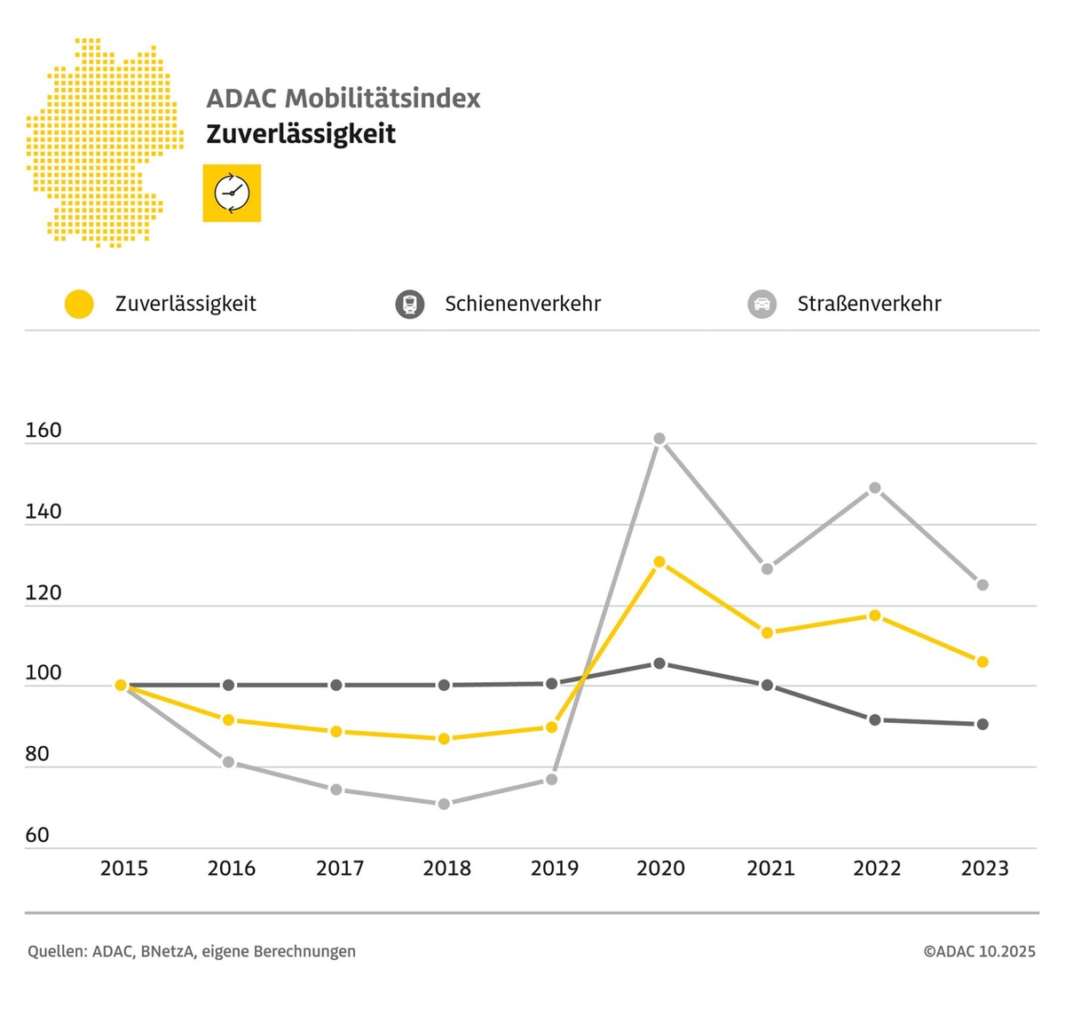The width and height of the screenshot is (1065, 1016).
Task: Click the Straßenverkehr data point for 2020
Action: (x=659, y=439)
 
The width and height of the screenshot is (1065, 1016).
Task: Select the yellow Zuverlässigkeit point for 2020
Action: (x=659, y=562)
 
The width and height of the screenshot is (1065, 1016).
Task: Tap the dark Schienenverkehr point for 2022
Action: (x=875, y=719)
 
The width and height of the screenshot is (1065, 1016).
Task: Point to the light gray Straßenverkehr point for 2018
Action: (x=444, y=804)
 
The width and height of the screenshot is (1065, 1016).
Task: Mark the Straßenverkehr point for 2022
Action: (x=875, y=488)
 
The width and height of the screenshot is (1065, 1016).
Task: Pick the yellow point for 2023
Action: (x=982, y=662)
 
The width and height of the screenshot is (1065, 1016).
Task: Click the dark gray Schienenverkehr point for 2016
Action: (x=228, y=685)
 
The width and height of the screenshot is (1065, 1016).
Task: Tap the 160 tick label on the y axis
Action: (x=43, y=431)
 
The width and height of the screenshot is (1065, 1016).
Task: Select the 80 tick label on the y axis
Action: (x=37, y=754)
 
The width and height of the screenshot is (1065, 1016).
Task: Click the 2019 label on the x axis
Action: (x=554, y=868)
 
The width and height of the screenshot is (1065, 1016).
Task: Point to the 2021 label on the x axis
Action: (x=769, y=868)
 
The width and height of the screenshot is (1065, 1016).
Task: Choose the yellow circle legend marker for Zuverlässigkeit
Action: (x=79, y=304)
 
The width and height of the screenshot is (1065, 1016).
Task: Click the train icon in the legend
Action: (x=409, y=304)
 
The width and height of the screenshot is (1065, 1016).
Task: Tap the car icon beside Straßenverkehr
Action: (x=762, y=304)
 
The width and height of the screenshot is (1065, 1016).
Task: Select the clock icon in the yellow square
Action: (x=232, y=193)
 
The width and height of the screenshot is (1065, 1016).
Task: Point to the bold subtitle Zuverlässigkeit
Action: (x=301, y=134)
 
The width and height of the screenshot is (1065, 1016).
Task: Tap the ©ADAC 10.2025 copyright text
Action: (x=979, y=951)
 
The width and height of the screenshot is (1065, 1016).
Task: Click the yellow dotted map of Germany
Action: (x=102, y=142)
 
